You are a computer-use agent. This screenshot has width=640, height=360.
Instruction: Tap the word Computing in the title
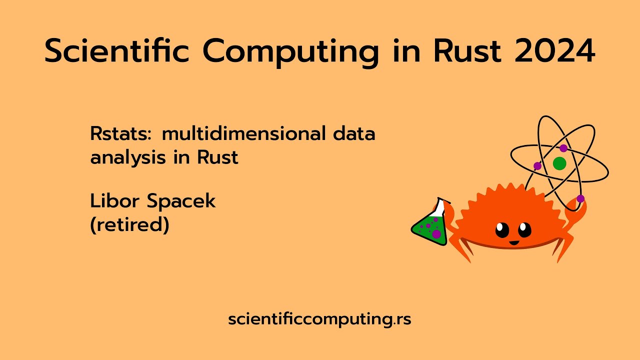(x=290, y=51)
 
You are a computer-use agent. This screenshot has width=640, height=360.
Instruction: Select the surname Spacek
(x=181, y=201)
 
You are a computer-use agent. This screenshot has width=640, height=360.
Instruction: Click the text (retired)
(x=129, y=225)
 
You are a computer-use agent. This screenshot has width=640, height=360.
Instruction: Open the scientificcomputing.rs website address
(x=319, y=319)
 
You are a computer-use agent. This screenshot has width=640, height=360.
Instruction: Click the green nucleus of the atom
(x=559, y=163)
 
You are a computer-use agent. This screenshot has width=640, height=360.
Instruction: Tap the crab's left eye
(x=502, y=230)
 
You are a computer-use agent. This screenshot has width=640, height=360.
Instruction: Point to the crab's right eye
(x=524, y=229)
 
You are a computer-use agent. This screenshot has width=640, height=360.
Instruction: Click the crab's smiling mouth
(x=513, y=243)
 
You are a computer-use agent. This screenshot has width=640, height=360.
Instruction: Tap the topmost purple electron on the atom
(x=563, y=148)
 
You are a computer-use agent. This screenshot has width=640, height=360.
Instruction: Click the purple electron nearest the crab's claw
(x=580, y=198)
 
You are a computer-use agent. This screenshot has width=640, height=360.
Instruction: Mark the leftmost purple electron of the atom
(x=537, y=166)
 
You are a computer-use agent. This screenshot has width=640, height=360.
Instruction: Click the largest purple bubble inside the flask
(x=436, y=233)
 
